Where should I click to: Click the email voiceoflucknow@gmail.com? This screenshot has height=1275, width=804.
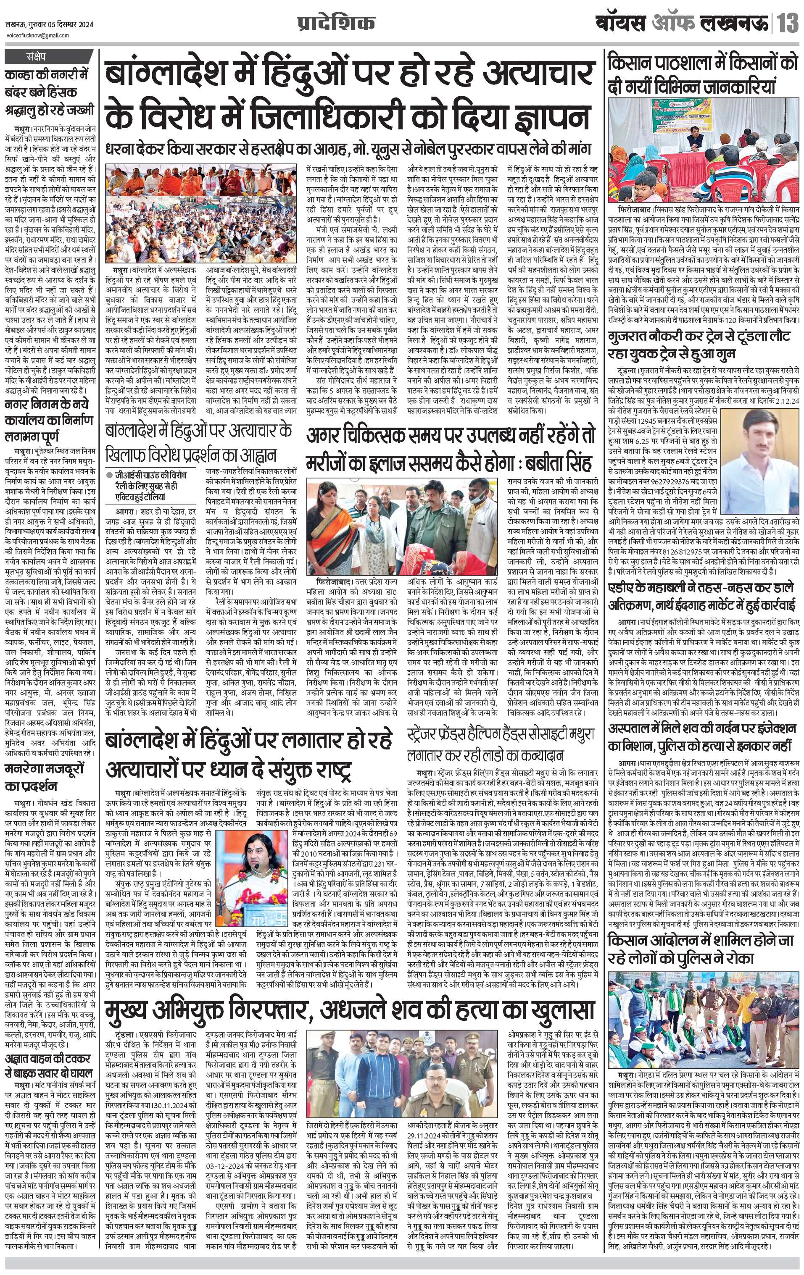tap(37, 35)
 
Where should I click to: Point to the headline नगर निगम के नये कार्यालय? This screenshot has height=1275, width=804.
tap(49, 421)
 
